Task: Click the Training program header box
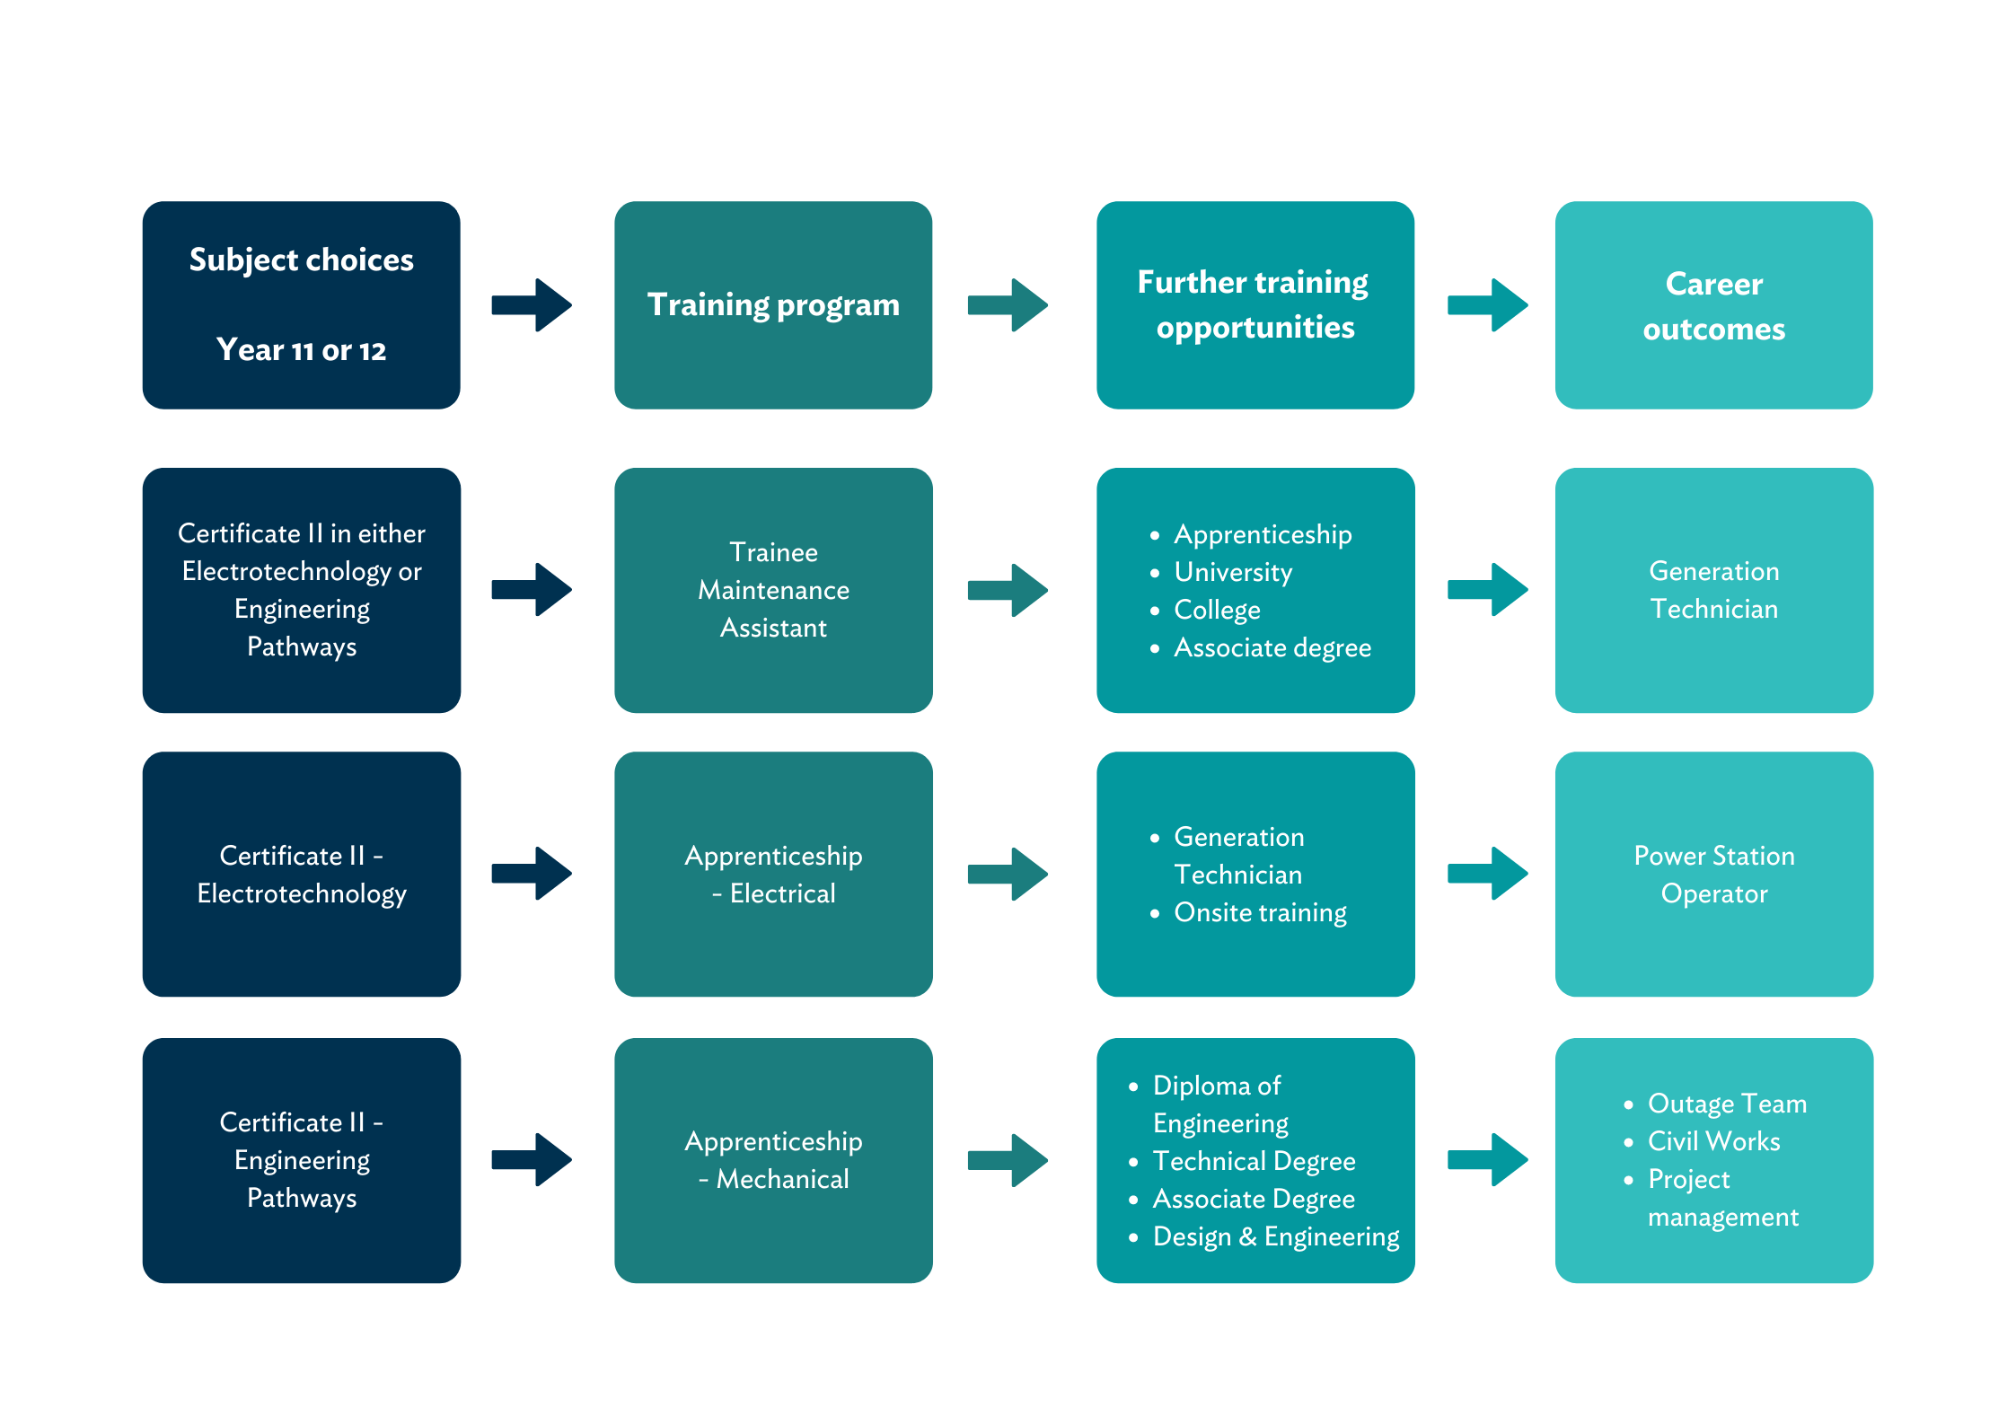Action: click(773, 305)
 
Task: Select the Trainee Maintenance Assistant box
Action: click(773, 590)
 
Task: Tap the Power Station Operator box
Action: click(1713, 874)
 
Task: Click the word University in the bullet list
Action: click(1233, 572)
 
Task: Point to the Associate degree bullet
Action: click(1272, 647)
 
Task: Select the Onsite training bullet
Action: click(1260, 912)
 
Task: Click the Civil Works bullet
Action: click(1713, 1141)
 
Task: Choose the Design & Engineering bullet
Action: click(1275, 1236)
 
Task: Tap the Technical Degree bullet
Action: click(1254, 1161)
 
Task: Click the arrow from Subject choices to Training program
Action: click(533, 305)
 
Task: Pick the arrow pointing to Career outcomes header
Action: click(1488, 305)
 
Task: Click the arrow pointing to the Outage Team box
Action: click(1488, 1160)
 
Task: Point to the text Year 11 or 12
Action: click(302, 350)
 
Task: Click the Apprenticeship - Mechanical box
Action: click(773, 1160)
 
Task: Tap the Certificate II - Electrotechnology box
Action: click(302, 874)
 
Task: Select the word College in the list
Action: click(1217, 610)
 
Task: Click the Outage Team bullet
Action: click(1726, 1104)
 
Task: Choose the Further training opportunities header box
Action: click(1254, 305)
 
